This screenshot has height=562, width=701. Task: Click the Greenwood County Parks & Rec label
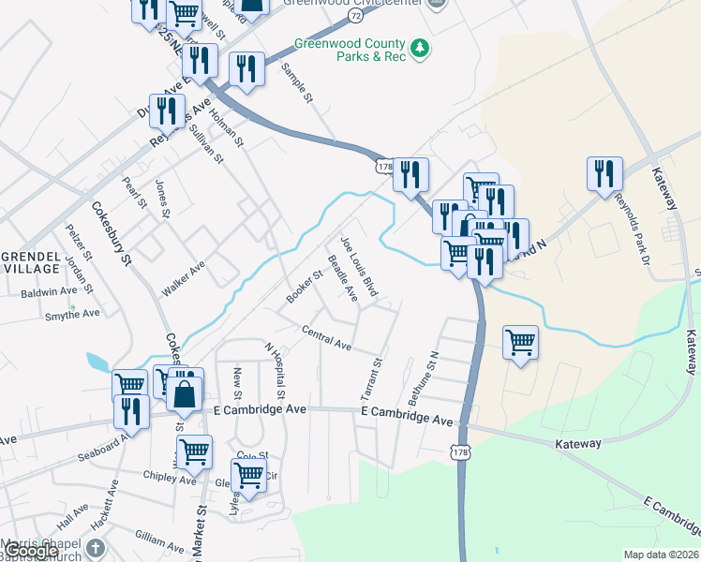[x=350, y=51]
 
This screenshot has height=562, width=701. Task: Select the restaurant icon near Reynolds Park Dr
[x=604, y=173]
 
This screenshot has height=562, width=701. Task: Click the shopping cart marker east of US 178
[x=520, y=342]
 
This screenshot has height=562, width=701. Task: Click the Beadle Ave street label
[x=342, y=278]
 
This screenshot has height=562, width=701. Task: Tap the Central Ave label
[x=326, y=338]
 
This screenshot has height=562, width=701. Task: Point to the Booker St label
[x=305, y=287]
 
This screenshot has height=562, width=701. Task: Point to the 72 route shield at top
[x=353, y=16]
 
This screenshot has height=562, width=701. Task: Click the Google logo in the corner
[x=30, y=552]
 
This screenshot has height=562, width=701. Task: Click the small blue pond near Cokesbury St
[x=97, y=362]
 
